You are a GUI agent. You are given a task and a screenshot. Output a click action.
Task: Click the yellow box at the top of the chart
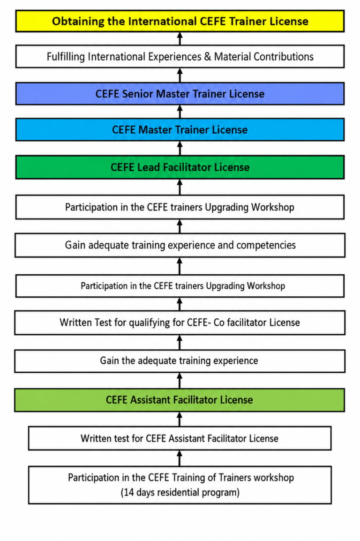click(x=180, y=21)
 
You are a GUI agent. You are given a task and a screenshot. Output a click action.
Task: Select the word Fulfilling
click(x=66, y=57)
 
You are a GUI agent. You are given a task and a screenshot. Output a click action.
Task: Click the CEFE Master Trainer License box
click(x=180, y=130)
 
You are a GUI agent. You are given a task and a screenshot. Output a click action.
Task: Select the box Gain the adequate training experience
click(x=180, y=361)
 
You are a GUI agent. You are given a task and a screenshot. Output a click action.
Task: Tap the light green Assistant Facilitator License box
click(x=180, y=400)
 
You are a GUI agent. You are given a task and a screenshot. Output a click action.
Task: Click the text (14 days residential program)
click(x=180, y=492)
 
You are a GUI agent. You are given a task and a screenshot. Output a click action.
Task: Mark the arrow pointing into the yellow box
click(x=180, y=38)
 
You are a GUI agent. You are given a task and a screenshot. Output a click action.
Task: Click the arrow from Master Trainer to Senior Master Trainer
click(x=180, y=112)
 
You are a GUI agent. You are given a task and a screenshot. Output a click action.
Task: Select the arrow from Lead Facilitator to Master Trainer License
click(x=180, y=148)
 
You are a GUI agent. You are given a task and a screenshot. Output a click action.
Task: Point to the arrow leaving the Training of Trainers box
click(x=180, y=458)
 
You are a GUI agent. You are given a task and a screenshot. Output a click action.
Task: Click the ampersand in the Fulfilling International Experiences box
click(x=208, y=57)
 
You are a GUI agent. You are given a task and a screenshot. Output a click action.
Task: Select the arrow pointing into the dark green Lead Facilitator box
click(x=180, y=187)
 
